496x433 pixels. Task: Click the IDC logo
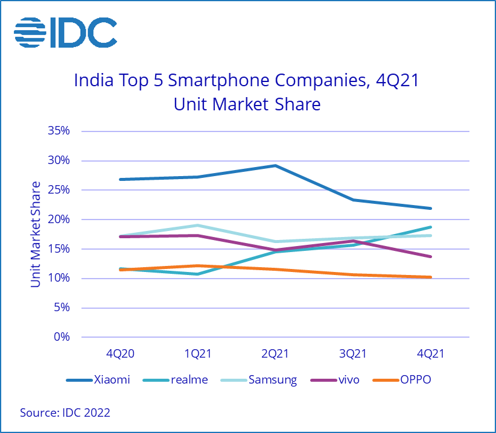point(65,32)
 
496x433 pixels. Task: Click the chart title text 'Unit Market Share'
point(247,104)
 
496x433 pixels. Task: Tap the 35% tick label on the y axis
point(58,131)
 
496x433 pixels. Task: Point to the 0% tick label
point(62,337)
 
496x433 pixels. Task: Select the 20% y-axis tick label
point(58,220)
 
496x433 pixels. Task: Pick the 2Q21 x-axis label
point(275,355)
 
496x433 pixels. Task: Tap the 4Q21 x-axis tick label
point(430,355)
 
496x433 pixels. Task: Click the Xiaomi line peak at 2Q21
point(275,165)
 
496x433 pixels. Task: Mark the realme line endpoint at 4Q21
point(430,227)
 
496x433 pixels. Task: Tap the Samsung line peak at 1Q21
point(197,226)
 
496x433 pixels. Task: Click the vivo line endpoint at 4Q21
point(430,256)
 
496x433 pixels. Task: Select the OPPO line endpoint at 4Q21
point(430,277)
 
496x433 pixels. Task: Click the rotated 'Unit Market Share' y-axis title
point(36,234)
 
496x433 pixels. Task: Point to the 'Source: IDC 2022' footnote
point(65,413)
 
